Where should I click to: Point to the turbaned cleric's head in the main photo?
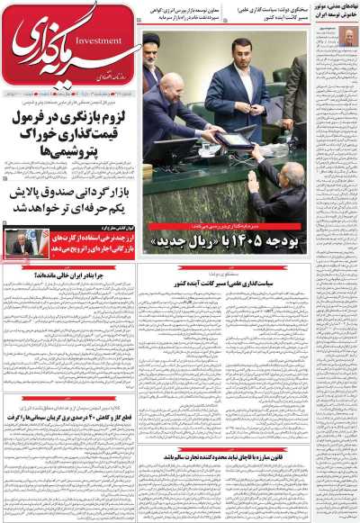[154, 46]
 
